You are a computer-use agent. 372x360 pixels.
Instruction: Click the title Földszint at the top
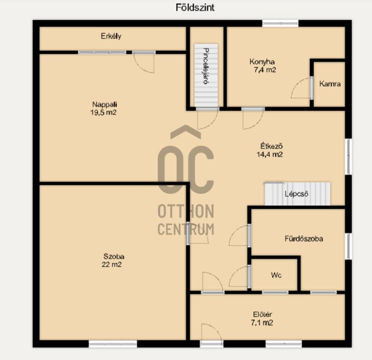195,7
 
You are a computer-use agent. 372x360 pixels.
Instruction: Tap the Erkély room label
111,36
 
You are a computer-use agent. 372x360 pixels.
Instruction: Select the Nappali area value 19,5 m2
103,112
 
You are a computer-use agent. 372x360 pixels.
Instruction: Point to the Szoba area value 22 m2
112,264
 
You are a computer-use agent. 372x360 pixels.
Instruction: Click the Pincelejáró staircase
206,75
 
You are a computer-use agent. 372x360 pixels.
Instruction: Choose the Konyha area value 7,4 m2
265,70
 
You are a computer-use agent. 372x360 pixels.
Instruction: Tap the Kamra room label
330,84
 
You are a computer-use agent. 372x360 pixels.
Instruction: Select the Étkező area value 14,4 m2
270,154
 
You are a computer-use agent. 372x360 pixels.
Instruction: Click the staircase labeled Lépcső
297,194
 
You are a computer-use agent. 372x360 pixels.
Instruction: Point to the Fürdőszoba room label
304,239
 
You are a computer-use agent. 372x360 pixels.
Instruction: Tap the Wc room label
276,275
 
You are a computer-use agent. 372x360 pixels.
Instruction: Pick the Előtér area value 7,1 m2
262,323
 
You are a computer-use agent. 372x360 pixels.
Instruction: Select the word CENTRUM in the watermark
186,229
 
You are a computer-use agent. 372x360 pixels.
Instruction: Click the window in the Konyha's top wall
280,23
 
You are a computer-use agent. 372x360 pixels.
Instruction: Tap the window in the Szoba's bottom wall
113,344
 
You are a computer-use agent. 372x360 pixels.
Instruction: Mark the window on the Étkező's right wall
348,157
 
